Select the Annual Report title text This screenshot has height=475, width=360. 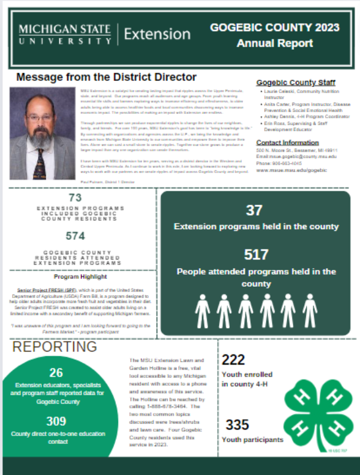tap(274, 43)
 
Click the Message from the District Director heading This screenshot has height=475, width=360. tap(106, 77)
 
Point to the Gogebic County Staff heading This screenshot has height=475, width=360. tap(295, 83)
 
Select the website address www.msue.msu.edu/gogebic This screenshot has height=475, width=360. tap(292, 170)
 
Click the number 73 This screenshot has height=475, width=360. tap(75, 198)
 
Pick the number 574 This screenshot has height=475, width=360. tap(76, 237)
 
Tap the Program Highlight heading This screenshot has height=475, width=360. tap(80, 277)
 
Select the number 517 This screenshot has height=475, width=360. tap(256, 254)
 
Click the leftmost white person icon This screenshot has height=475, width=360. tap(202, 311)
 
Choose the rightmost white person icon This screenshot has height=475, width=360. tap(310, 311)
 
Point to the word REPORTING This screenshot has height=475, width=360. tap(55, 347)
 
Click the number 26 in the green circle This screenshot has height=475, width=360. tap(56, 372)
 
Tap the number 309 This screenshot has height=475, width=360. tap(56, 420)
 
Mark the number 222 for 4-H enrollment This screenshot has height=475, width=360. tap(233, 360)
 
